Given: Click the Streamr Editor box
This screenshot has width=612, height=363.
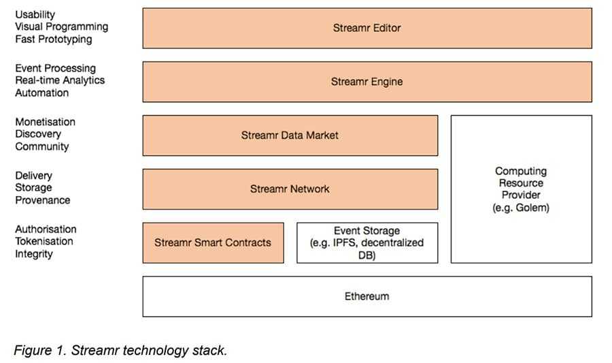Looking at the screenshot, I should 367,28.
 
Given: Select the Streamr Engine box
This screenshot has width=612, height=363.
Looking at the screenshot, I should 367,82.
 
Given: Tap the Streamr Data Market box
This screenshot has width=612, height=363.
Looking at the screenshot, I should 290,136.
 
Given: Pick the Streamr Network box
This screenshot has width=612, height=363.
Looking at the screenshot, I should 290,189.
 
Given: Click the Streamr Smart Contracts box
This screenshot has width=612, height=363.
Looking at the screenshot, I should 213,242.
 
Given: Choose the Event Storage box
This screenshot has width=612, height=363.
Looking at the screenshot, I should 367,242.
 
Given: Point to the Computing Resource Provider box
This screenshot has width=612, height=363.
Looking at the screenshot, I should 521,189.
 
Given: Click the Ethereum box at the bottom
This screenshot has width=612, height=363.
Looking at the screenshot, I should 367,296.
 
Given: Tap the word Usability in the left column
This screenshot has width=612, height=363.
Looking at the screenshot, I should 35,14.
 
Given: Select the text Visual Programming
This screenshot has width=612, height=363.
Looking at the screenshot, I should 61,27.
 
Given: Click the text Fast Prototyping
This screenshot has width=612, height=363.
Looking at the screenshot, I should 53,40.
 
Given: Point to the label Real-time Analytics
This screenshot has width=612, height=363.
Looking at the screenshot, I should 60,80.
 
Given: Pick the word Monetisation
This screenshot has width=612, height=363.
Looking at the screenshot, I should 45,122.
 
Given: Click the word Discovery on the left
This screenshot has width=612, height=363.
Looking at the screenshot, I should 38,134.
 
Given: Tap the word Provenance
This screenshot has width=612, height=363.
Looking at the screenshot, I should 42,200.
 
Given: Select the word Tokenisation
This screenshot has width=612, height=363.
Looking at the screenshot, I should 44,241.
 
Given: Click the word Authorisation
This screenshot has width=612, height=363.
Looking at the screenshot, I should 46,229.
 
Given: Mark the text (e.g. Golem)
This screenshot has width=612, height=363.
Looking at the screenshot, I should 521,208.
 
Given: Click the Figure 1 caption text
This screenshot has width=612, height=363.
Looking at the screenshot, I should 120,350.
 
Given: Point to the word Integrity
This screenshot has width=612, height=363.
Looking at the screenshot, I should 34,254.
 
